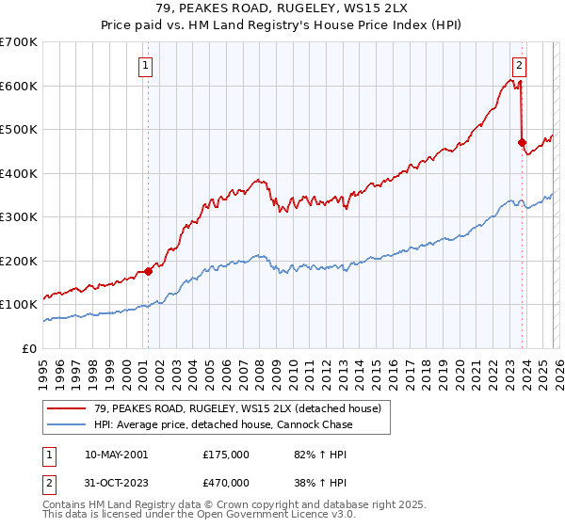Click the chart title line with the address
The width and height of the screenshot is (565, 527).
click(x=282, y=8)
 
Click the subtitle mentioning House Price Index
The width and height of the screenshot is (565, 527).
click(x=282, y=25)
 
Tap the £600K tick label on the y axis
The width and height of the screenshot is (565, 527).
click(x=19, y=86)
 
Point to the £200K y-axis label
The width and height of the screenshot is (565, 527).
click(x=19, y=261)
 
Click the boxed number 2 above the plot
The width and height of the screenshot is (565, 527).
click(x=520, y=66)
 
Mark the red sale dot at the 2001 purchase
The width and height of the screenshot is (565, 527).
click(x=148, y=272)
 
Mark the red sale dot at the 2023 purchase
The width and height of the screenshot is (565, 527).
click(x=522, y=142)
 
